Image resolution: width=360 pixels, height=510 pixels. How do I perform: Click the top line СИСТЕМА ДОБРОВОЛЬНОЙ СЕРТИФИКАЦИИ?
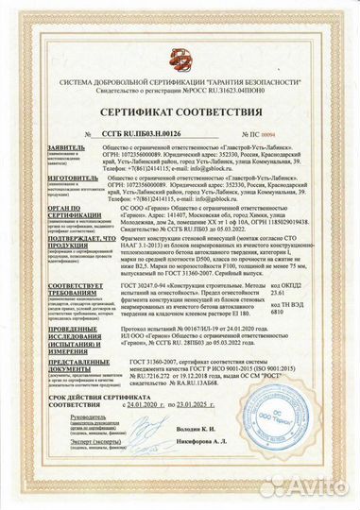point(180,81)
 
